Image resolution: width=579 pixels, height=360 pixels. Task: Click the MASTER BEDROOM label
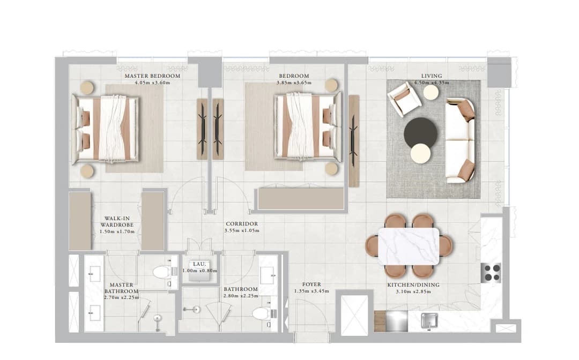point(152,76)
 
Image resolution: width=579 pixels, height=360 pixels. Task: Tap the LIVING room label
point(431,76)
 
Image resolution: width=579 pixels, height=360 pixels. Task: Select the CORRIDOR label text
point(242,223)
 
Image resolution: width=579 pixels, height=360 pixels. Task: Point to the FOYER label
point(311,284)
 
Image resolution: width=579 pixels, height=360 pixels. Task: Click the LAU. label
point(200,264)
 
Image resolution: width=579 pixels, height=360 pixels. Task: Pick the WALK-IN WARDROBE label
point(117,221)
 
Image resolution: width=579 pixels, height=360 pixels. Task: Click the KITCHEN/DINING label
point(413,285)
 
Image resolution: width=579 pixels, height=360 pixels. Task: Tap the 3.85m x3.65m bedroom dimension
point(294,82)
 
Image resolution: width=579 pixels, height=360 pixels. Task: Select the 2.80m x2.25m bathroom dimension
point(241,296)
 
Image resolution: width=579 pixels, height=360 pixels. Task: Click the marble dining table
point(409,246)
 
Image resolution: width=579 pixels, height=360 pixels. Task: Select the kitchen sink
point(429,320)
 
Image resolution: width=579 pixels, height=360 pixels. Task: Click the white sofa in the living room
point(460,140)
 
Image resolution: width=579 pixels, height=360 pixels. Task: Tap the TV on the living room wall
point(354,140)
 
